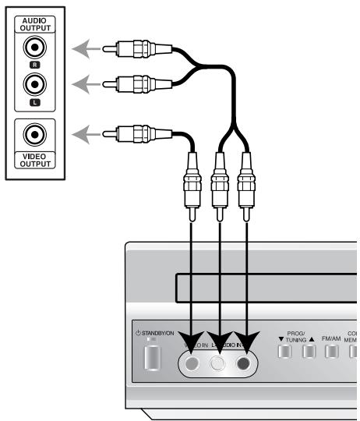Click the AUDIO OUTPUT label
click(x=34, y=23)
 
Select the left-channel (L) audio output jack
click(x=34, y=83)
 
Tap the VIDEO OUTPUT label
click(x=34, y=160)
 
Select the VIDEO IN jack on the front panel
click(x=192, y=362)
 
